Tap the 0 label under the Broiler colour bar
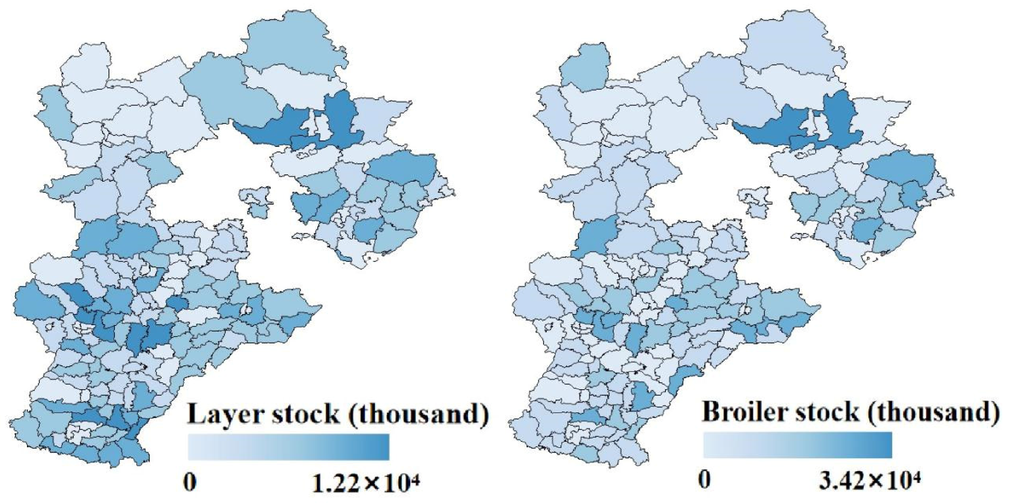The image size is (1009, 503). [705, 481]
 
